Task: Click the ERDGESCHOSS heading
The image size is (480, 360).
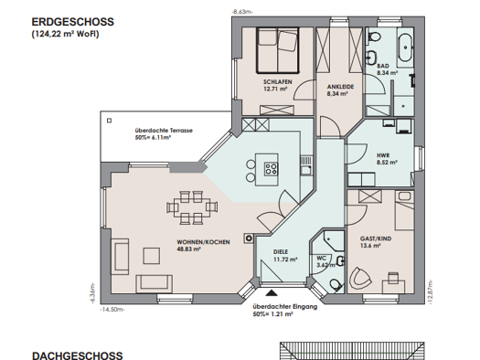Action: pos(73,22)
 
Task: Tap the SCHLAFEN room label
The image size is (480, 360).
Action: pos(278,82)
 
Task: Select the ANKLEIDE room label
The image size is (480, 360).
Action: pos(340,87)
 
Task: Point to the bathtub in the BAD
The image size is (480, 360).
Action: pos(406,48)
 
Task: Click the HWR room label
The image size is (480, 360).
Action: pos(383,155)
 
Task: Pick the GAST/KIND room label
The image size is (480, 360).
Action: pos(376,238)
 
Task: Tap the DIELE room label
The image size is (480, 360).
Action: pos(281,251)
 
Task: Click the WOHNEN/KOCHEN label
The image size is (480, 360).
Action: pos(203,242)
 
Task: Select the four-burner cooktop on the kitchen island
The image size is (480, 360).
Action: pos(271,168)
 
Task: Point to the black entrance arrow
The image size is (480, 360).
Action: pos(272,293)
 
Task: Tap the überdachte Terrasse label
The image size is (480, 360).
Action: pos(164,131)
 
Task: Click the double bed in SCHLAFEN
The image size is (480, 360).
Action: pos(277,50)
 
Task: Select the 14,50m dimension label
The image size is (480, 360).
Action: pos(112,310)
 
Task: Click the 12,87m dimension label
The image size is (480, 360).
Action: pos(430,291)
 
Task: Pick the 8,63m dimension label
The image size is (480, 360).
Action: pos(242,12)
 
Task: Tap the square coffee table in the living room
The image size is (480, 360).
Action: pos(151,256)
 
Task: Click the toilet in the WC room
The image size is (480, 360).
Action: pos(336,285)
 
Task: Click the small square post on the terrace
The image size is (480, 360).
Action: pos(110,121)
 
